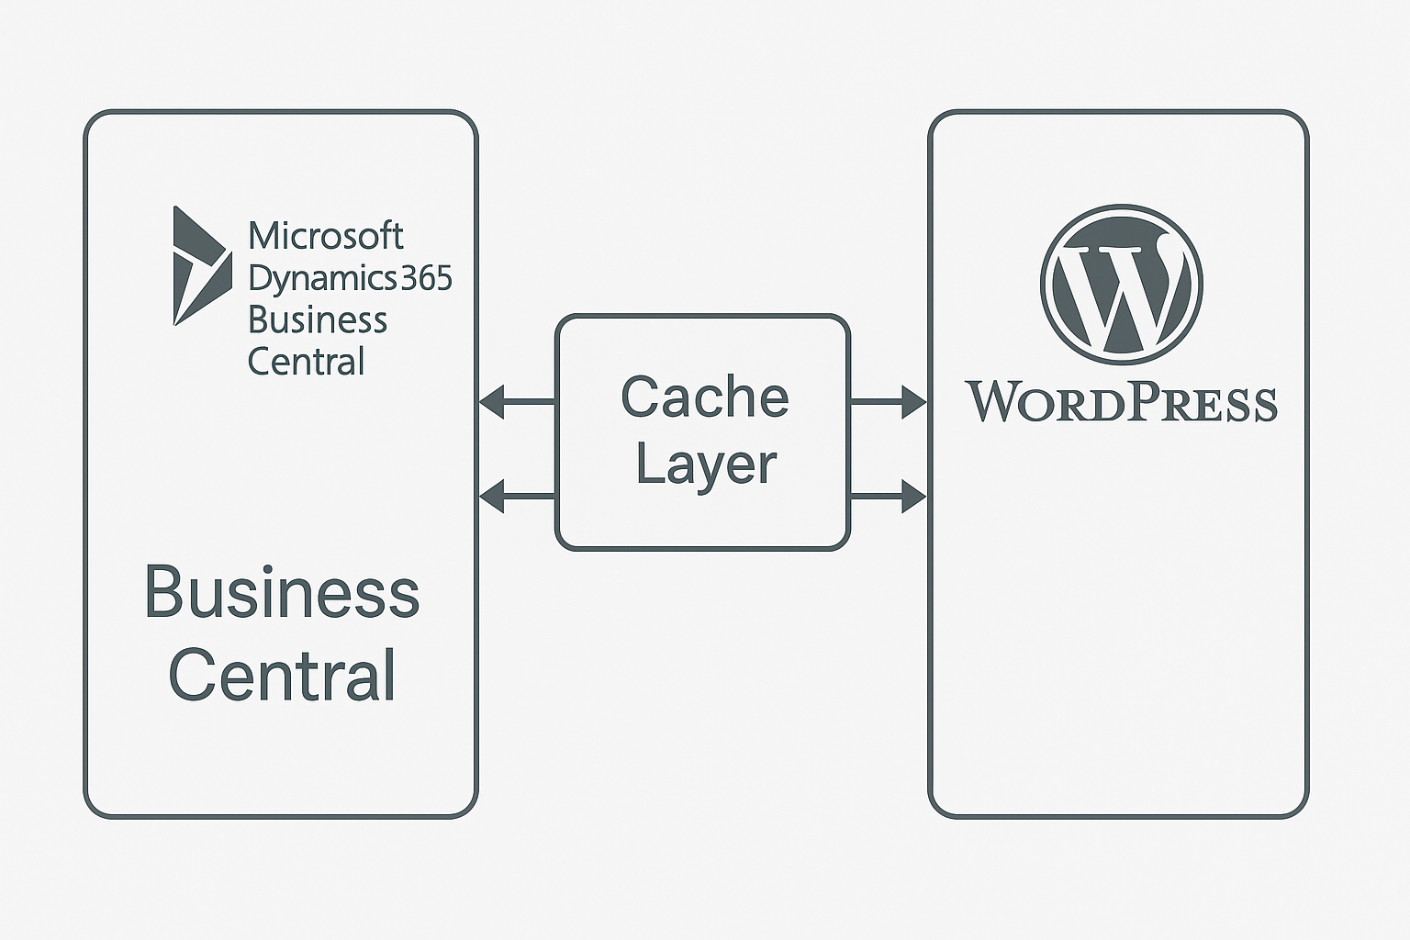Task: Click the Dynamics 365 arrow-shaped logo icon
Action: pos(197,266)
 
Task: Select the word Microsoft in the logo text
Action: pos(325,237)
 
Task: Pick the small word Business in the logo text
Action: pos(318,320)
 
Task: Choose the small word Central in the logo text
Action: pos(307,362)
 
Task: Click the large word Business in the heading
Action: pos(282,593)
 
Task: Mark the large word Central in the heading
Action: pos(282,676)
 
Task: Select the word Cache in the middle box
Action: pos(704,397)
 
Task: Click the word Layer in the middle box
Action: pos(705,464)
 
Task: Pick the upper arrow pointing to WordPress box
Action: pos(889,402)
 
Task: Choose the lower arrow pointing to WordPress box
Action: pos(889,497)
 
